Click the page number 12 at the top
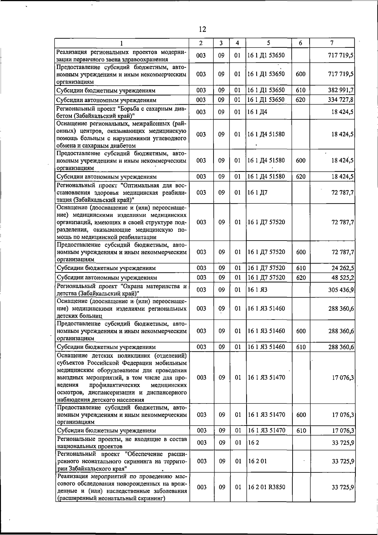click(x=203, y=29)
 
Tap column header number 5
click(x=268, y=43)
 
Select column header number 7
click(x=332, y=43)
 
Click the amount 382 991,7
click(x=341, y=90)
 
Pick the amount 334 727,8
click(x=341, y=100)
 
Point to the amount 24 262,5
click(x=342, y=268)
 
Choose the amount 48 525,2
click(x=342, y=278)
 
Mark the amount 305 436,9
click(x=341, y=290)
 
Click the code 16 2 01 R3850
click(x=266, y=487)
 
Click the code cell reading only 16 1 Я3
click(x=257, y=290)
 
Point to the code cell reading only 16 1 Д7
click(x=257, y=192)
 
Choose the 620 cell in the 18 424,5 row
click(x=301, y=177)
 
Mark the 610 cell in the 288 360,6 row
click(x=301, y=347)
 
